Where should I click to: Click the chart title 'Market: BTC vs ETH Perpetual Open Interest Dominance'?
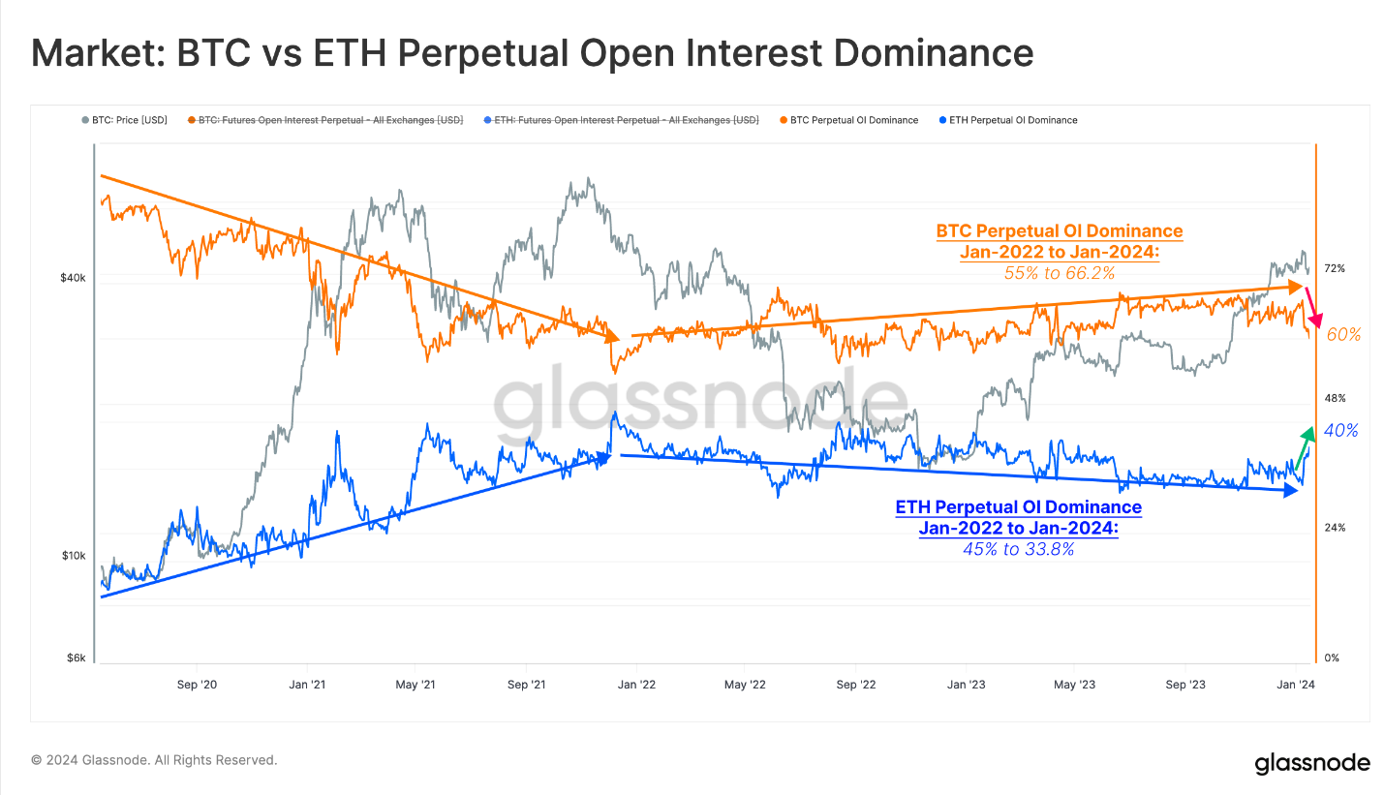[x=532, y=53]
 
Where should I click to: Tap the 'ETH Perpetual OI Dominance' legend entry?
[x=1013, y=120]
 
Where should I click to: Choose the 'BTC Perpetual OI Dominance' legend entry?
[x=853, y=120]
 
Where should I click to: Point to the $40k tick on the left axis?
[x=74, y=278]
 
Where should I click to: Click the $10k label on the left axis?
[x=75, y=556]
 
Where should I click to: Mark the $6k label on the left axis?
[x=77, y=658]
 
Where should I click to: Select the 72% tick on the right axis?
[x=1334, y=268]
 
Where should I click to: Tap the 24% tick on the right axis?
[x=1334, y=528]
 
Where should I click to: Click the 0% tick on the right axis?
[x=1331, y=658]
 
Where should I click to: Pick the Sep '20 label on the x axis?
[x=196, y=685]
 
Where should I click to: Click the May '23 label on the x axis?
[x=1074, y=685]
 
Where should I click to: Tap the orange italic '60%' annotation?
[x=1343, y=335]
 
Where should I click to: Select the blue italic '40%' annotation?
[x=1340, y=431]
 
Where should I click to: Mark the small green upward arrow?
[x=1303, y=447]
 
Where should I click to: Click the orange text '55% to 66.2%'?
[x=1059, y=274]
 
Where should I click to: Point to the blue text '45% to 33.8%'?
[x=1018, y=549]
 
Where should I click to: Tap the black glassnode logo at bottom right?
[x=1311, y=763]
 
